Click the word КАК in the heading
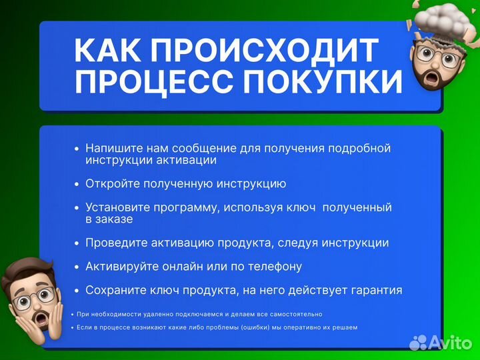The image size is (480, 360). (107, 51)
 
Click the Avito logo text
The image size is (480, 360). (450, 343)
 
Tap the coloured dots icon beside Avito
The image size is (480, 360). (418, 343)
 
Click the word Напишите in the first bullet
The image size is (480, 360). (112, 148)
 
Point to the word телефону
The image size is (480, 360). (276, 267)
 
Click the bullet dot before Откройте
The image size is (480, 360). (77, 184)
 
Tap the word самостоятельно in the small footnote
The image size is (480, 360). (294, 314)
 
